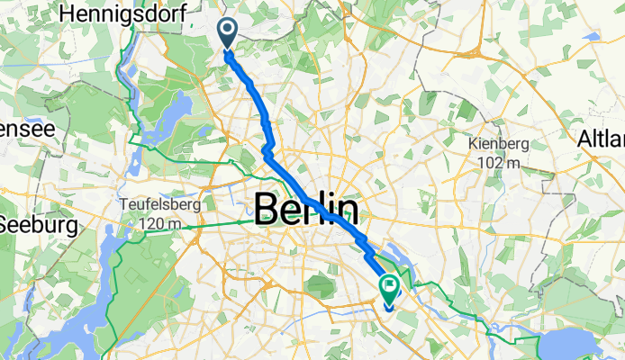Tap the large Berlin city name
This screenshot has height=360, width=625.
coord(306,211)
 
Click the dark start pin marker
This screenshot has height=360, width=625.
coord(225,32)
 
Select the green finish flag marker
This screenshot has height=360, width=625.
coord(390,289)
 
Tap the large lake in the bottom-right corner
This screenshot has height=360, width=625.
coord(576,343)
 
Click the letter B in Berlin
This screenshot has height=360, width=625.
coord(267,211)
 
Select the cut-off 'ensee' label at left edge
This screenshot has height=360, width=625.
coord(27,128)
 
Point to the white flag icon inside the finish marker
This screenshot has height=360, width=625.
coord(390,287)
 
